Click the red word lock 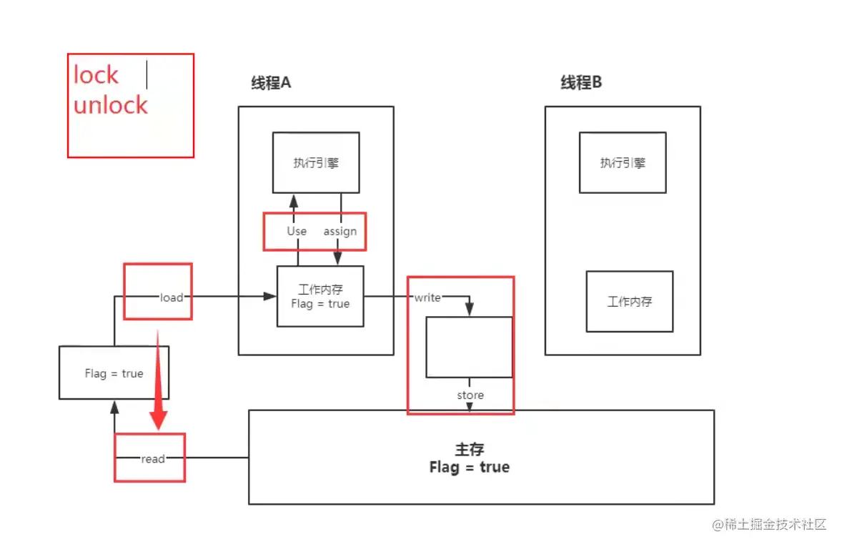click(96, 74)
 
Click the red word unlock click(111, 105)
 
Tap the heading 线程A click(271, 83)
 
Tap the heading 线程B click(581, 82)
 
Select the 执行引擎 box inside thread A click(316, 162)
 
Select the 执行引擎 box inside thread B click(623, 162)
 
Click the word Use click(297, 231)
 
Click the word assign click(340, 231)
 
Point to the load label click(172, 297)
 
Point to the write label click(427, 297)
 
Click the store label click(470, 395)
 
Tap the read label click(153, 459)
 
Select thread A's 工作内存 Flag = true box click(320, 296)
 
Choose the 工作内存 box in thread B click(629, 302)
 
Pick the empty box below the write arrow click(470, 347)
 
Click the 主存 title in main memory click(470, 449)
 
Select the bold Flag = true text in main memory click(470, 467)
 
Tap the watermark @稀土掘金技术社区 click(769, 524)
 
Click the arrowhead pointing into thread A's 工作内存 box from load click(270, 296)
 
